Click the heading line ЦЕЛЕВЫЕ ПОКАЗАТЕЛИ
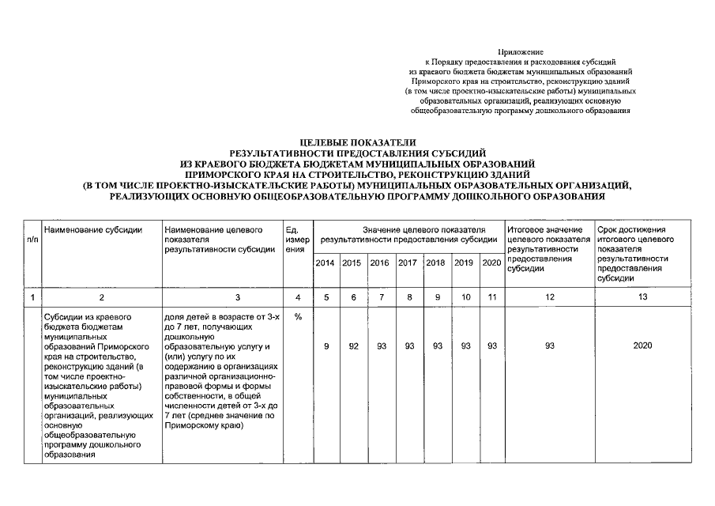[357, 142]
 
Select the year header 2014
[325, 262]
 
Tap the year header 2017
[408, 262]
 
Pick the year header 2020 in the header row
[491, 262]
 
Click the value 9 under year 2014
[326, 346]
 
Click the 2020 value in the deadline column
[642, 346]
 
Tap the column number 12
[549, 297]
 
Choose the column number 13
[642, 297]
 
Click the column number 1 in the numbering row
[32, 297]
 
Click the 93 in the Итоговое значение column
[549, 346]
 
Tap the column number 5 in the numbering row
[326, 297]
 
